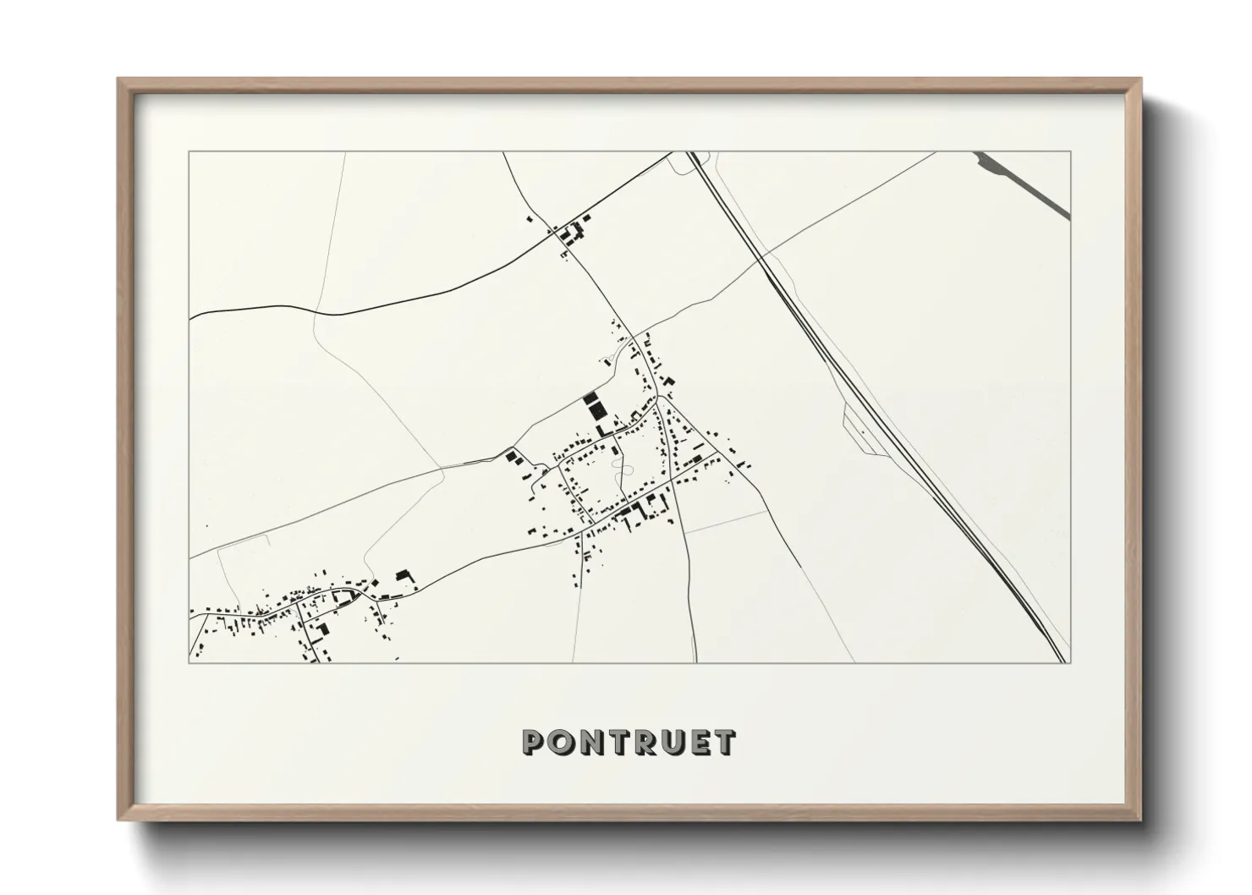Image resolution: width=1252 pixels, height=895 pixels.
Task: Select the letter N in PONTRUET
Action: (590, 742)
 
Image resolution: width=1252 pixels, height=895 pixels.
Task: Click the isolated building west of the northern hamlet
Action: (530, 219)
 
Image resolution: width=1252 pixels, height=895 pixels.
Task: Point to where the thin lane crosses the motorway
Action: (763, 255)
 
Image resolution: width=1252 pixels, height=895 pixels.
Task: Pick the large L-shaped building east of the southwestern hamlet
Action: (404, 576)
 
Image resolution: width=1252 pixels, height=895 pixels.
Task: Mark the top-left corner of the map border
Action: (189, 152)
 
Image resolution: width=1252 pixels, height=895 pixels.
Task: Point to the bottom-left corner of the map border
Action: (189, 662)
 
